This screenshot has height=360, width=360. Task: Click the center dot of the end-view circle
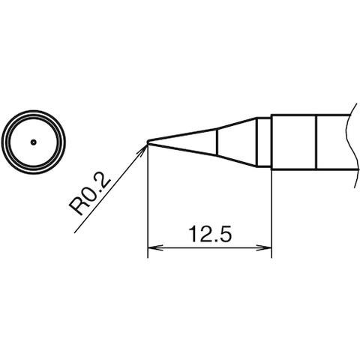pos(34,141)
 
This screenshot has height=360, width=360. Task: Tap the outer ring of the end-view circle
pos(34,112)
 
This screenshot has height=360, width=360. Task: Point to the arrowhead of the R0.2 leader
pos(143,147)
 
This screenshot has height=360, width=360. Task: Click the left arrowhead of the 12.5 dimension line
pos(152,249)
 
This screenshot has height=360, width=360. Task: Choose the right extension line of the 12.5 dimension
pos(270,210)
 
